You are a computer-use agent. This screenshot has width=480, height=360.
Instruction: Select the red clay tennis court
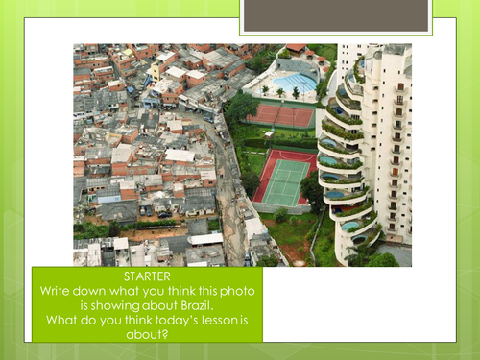tap(280, 117)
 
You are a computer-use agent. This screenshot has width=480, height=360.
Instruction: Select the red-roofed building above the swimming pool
tap(295, 48)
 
